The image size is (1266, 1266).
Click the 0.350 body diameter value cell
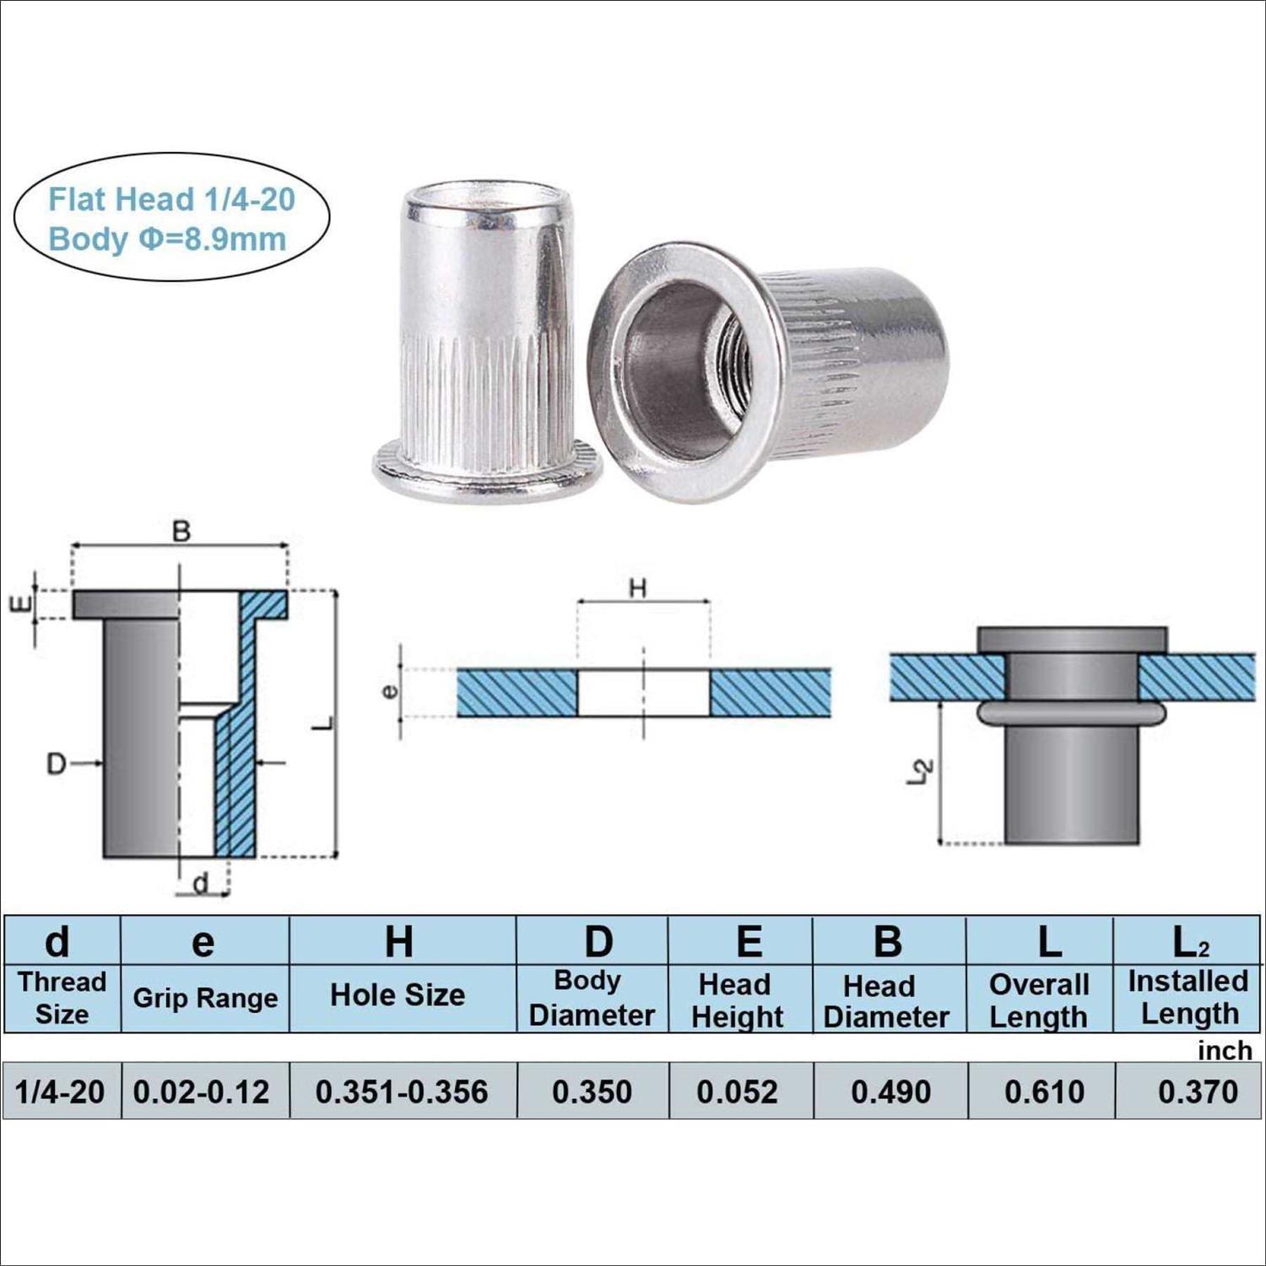click(x=592, y=1091)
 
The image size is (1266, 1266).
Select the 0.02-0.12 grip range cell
click(x=201, y=1091)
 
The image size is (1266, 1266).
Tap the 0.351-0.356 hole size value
click(x=402, y=1091)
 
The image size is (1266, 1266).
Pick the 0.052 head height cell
click(x=737, y=1091)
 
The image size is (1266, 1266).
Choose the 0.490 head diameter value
click(x=890, y=1091)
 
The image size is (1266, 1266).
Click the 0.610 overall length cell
click(x=1044, y=1091)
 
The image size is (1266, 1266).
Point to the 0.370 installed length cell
click(x=1198, y=1091)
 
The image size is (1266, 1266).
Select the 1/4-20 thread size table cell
click(x=60, y=1091)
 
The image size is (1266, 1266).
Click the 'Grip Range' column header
click(x=205, y=998)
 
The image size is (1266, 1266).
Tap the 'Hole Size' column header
click(x=398, y=995)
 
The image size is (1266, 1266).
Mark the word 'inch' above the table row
click(x=1225, y=1051)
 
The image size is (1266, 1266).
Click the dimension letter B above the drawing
click(x=181, y=532)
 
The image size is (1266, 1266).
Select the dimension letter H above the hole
click(x=638, y=588)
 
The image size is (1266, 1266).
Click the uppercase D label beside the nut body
click(x=56, y=764)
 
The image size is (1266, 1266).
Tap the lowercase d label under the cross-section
click(x=201, y=884)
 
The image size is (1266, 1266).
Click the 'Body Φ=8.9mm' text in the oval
click(x=167, y=239)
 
